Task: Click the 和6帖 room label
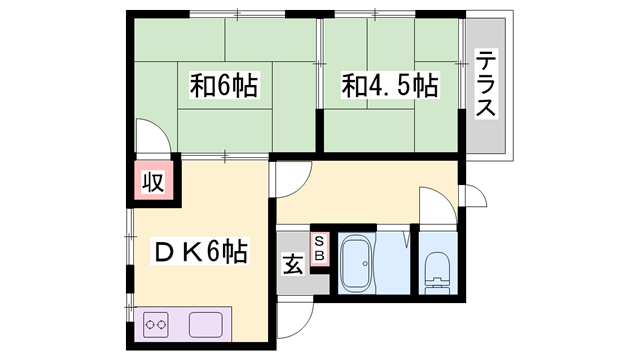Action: click(x=225, y=87)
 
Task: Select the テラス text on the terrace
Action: click(x=486, y=84)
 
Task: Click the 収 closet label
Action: click(x=152, y=182)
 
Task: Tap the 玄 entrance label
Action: click(x=292, y=266)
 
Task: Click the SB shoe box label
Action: click(x=320, y=248)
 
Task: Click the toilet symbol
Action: click(x=437, y=270)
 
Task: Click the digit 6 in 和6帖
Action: click(x=225, y=87)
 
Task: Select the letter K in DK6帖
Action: click(x=192, y=252)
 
